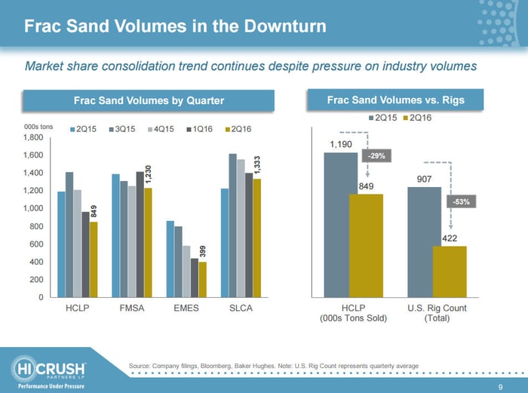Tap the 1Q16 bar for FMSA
(139, 234)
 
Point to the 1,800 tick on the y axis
(33, 138)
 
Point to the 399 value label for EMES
(204, 253)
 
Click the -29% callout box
(374, 155)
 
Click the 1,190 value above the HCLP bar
(341, 143)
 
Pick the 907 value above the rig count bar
(425, 179)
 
